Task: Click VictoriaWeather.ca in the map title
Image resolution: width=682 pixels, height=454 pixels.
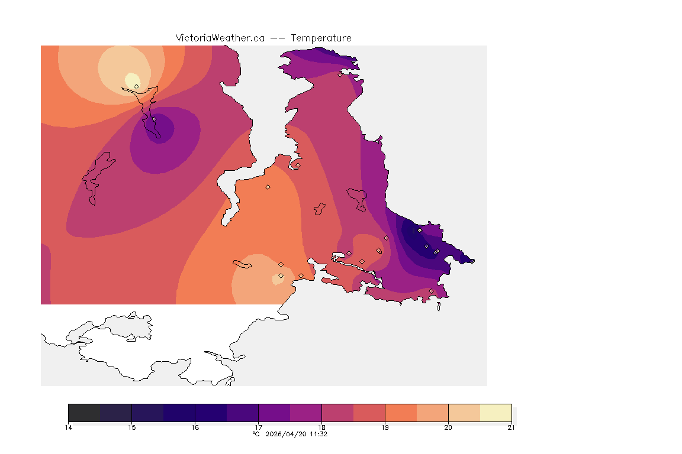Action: point(220,38)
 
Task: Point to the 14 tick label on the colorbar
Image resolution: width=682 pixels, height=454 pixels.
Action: point(69,427)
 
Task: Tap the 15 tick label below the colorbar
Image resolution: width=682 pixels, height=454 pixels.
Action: point(131,427)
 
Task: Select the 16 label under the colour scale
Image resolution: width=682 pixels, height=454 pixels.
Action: point(195,427)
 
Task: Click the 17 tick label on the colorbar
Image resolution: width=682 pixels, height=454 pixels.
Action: point(258,427)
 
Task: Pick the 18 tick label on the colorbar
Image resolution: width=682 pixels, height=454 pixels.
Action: point(321,427)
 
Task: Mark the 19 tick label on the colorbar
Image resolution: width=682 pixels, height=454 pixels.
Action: point(385,427)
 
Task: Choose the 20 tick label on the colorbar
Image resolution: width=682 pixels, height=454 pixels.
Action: point(448,427)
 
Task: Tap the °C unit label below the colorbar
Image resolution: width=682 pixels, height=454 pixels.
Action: point(256,434)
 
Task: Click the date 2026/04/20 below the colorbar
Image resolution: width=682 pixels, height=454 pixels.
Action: point(287,434)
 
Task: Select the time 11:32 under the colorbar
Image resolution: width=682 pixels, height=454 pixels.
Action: point(319,434)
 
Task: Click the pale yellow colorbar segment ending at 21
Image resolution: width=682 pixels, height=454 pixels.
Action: point(496,413)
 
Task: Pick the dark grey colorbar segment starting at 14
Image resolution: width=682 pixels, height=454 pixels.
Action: point(84,413)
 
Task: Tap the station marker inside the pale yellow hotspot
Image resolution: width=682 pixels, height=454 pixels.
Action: point(136,86)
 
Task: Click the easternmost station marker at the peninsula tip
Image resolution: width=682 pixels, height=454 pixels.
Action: point(472,261)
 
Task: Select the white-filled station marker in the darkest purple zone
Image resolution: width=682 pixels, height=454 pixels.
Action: point(420,230)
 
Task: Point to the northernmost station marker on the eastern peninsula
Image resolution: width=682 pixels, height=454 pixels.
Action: point(340,74)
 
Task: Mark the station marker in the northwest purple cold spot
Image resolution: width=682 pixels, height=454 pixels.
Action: point(154,119)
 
